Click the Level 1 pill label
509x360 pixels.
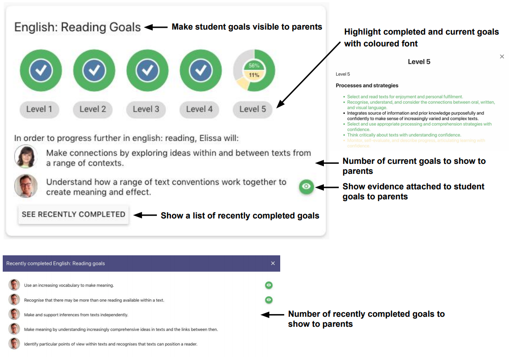click(39, 109)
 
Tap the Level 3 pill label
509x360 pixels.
click(146, 109)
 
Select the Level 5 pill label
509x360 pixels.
click(253, 109)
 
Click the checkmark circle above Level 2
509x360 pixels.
click(94, 70)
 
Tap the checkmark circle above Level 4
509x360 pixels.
click(201, 70)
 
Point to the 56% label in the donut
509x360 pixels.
click(254, 66)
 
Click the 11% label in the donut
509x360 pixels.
click(254, 75)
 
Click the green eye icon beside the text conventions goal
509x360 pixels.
click(307, 187)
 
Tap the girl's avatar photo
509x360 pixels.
click(25, 157)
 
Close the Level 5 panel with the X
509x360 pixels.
click(502, 56)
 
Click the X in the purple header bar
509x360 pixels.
click(273, 264)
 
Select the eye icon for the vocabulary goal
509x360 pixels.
click(269, 285)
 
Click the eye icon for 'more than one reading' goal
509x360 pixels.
click(269, 300)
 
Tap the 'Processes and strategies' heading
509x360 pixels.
click(367, 86)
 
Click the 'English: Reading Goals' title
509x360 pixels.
click(77, 27)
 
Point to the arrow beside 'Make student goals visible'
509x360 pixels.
click(159, 27)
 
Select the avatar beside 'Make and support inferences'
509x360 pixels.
click(15, 314)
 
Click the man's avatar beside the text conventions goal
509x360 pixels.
click(25, 186)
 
